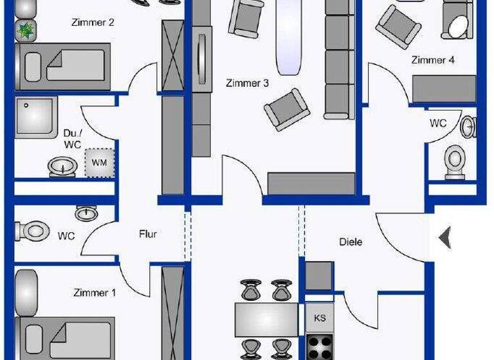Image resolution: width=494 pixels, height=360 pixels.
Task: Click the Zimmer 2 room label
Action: (x=94, y=23)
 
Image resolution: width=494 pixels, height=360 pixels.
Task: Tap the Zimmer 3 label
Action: (x=247, y=83)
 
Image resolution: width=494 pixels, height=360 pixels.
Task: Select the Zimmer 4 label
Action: (x=433, y=60)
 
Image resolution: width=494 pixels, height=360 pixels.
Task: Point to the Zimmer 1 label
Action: (x=95, y=293)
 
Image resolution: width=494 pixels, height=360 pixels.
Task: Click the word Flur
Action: (x=148, y=235)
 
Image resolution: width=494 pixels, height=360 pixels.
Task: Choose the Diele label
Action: (x=351, y=242)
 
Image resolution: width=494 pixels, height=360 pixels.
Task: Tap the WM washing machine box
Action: (x=100, y=163)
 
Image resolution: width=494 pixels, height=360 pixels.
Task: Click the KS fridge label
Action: (x=320, y=318)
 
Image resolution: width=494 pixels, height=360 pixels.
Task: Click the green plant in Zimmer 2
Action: (x=27, y=30)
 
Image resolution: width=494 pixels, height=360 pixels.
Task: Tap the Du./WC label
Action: (x=72, y=139)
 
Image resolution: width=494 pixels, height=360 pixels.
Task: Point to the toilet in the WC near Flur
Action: (x=32, y=230)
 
